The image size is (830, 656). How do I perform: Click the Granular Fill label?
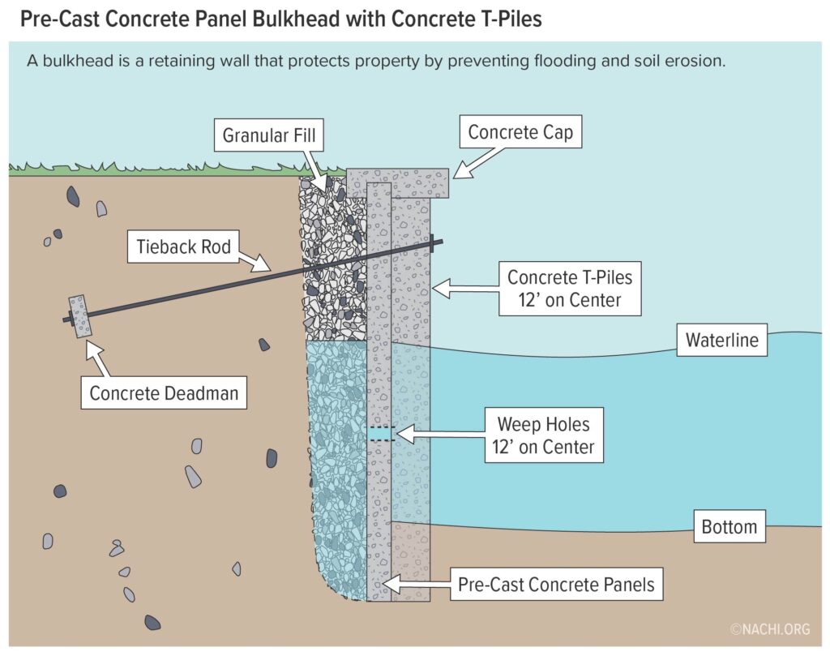[270, 135]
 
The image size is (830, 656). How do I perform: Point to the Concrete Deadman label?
[165, 393]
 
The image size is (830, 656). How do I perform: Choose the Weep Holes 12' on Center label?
[545, 435]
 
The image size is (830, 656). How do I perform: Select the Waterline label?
[722, 340]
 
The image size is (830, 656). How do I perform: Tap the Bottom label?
[729, 527]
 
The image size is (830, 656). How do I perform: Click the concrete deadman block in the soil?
[80, 316]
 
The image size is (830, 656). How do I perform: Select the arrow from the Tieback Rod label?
[259, 260]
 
